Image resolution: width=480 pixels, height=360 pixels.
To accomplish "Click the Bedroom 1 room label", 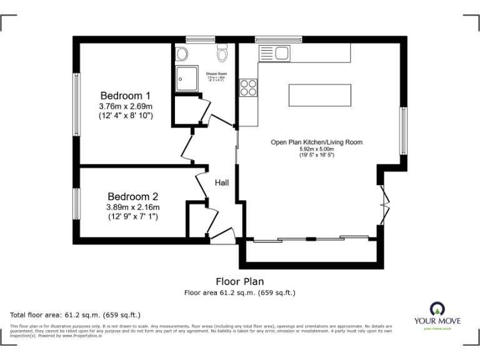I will (126, 96).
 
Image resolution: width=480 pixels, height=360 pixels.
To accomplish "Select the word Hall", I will (222, 183).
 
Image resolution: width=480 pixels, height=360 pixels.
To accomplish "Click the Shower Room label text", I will (217, 74).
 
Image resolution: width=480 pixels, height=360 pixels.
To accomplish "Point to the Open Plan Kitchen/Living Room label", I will (316, 142).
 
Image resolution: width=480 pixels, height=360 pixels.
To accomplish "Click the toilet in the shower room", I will (221, 54).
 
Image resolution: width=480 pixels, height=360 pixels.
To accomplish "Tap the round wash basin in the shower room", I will (182, 54).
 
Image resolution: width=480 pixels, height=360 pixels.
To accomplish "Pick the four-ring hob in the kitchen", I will (248, 87).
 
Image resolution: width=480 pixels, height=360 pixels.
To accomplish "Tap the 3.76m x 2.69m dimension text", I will (126, 107).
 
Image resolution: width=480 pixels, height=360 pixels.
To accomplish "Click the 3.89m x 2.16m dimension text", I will (132, 207).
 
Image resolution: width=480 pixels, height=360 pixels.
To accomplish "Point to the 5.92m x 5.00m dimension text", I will (316, 149).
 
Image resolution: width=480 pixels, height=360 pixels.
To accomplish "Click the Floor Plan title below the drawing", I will (239, 281).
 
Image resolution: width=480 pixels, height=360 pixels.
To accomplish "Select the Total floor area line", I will (76, 315).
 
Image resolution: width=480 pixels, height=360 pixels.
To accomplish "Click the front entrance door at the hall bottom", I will (222, 237).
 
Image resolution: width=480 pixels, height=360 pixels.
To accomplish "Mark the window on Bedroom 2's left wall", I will (76, 203).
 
